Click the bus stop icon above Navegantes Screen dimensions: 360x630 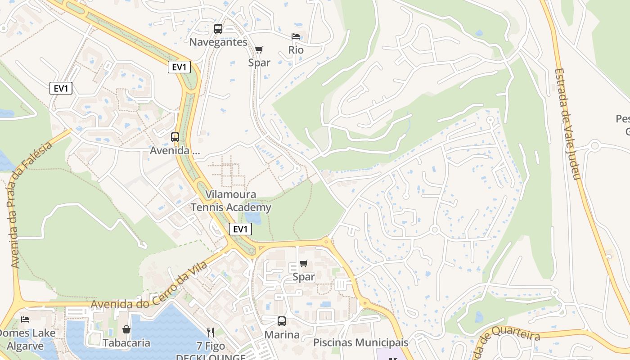pos(218,29)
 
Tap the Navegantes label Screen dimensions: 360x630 pos(218,42)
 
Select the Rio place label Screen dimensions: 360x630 pos(296,50)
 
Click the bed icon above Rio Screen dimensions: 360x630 pos(296,36)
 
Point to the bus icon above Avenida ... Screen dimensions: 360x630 pos(175,137)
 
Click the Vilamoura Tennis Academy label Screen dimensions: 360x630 pos(231,201)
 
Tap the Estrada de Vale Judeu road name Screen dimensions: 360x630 pos(568,124)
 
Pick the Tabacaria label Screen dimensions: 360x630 pos(126,343)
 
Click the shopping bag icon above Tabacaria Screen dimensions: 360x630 pos(126,330)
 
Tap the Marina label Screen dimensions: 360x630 pos(282,335)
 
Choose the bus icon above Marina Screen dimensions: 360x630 pos(282,321)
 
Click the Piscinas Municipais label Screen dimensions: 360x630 pos(361,342)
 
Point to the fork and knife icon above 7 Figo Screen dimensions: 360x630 pos(211,333)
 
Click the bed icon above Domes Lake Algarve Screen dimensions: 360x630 pos(25,319)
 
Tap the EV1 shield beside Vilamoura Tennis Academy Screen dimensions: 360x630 pos(240,229)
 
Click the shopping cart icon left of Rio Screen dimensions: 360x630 pos(259,49)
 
